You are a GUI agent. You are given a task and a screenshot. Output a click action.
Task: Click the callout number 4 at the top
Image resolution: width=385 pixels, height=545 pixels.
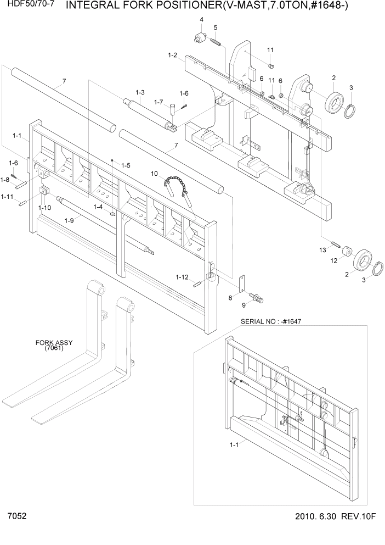click(201, 20)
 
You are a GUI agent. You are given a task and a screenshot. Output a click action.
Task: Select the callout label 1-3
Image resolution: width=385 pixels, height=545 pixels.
click(139, 92)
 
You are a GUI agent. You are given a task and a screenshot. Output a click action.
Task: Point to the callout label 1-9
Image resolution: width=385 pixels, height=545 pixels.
click(69, 220)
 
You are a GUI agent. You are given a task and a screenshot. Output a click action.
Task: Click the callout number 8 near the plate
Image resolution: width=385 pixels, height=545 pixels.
click(231, 297)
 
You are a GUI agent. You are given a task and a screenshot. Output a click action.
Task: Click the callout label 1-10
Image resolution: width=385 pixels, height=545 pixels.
click(44, 208)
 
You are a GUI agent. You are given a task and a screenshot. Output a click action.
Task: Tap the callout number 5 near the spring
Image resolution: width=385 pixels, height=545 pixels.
click(216, 27)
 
